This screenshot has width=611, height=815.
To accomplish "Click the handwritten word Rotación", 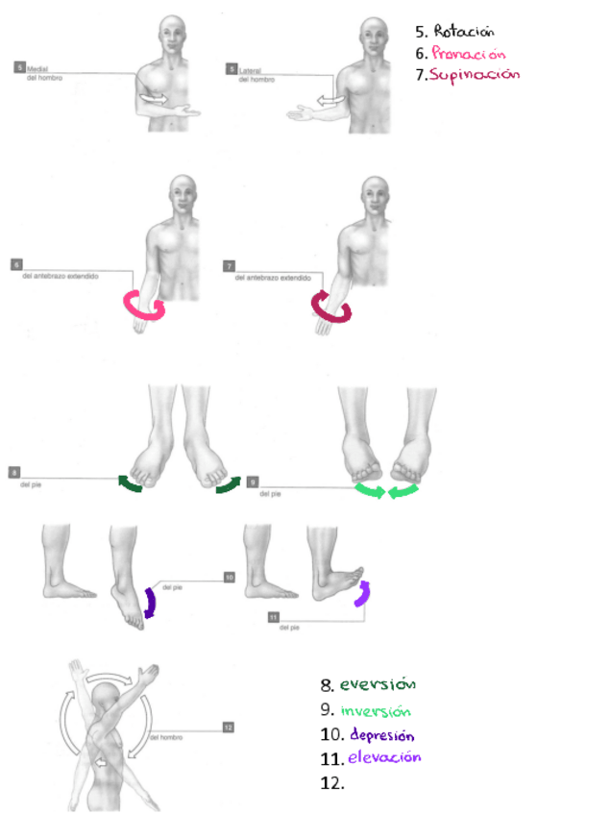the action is click(463, 31).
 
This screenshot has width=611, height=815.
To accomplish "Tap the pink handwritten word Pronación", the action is click(468, 53).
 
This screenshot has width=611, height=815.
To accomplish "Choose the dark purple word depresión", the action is click(381, 735).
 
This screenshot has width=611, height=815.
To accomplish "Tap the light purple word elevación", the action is click(384, 757).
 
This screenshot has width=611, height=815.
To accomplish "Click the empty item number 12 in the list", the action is click(331, 782).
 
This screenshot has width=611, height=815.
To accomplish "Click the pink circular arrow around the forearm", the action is click(143, 307).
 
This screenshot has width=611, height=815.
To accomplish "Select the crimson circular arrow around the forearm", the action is click(330, 307).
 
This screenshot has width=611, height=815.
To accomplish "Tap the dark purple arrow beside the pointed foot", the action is click(149, 602).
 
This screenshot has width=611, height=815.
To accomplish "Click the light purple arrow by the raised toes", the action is click(361, 594).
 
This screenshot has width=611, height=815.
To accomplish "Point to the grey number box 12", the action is click(228, 728).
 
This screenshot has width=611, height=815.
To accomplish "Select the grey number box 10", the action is click(229, 577).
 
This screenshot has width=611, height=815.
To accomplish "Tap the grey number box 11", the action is click(274, 616).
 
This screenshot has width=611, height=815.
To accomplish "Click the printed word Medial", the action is click(38, 69).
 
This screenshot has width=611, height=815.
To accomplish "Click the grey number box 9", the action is click(253, 482).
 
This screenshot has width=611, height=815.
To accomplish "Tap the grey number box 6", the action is click(16, 264).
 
